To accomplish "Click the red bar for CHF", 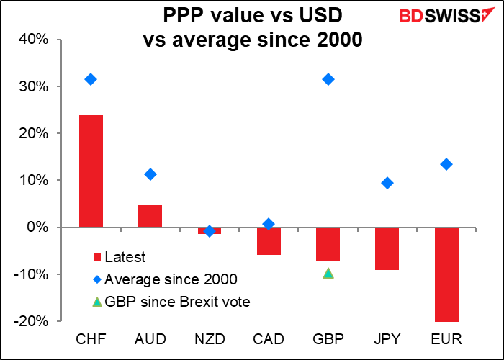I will tap(91, 171).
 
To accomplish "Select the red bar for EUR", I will tap(446, 274).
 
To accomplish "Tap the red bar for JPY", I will tap(387, 248).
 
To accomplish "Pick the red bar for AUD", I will tap(150, 216).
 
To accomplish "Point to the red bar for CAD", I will tap(269, 240).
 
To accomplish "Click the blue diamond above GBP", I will tap(328, 79).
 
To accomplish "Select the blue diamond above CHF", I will tap(91, 79).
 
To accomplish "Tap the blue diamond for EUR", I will tap(446, 164).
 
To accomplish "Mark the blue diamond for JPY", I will tap(387, 183).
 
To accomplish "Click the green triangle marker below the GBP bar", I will tap(328, 273).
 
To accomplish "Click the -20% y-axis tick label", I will tap(32, 321).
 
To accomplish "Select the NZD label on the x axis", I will tap(210, 338).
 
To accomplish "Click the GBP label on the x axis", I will tap(328, 338).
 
